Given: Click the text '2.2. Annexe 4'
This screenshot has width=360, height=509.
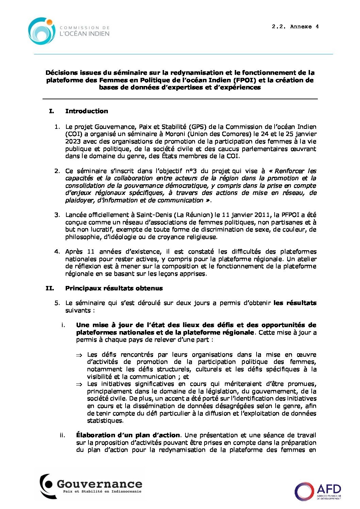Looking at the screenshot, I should pos(295,27).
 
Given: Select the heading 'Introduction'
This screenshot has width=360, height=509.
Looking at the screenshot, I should pos(86,111).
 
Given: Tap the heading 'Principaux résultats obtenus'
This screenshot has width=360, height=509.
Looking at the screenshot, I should pos(114,288).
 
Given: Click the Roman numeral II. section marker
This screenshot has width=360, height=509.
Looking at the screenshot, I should pos(50,288).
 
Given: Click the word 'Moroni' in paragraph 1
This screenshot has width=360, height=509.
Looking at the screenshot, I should pos(175,134).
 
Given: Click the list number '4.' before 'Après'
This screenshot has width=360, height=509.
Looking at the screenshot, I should pos(57,252).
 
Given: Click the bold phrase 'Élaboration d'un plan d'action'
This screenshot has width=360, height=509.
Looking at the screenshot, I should pos(128,435).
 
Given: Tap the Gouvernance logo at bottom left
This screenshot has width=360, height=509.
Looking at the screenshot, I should pos(91,486).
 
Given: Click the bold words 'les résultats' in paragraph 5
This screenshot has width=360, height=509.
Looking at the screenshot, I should pos(295,303).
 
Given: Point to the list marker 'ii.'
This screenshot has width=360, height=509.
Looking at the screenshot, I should pos(62,435).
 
